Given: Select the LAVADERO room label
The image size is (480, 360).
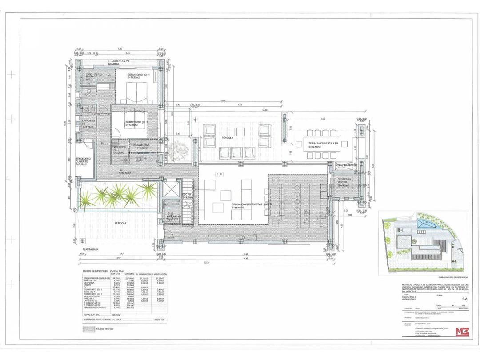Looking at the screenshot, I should pos(88,121).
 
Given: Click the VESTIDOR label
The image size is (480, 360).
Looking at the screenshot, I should pos(120,146).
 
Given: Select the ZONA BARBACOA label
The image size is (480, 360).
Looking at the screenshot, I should pos(347,165).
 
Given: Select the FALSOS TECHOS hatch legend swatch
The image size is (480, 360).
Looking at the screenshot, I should pos(89,329).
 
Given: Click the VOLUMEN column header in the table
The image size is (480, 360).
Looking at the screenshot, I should pos(129,274).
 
